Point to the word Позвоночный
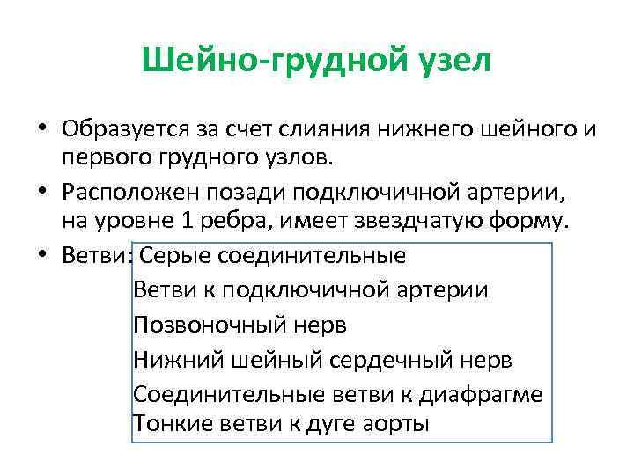[209, 325]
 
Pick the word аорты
[395, 424]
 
